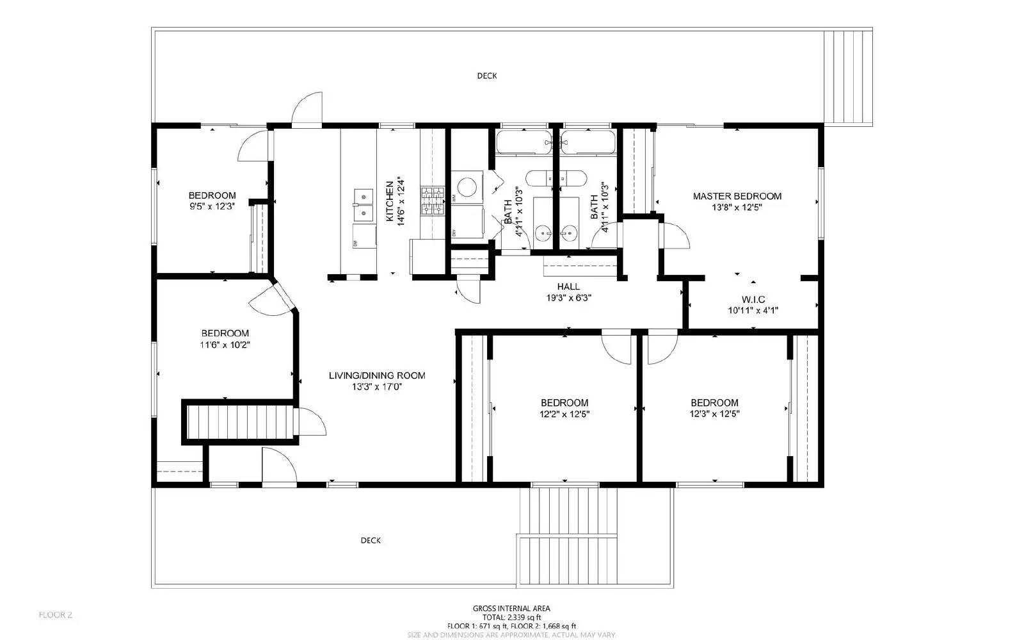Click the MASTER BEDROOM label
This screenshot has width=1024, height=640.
pos(737,196)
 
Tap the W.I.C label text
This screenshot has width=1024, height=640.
pos(753,299)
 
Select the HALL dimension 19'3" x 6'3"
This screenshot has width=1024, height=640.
pos(568,297)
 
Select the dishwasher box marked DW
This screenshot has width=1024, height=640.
pos(364,236)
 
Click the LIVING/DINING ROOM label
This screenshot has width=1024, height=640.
pos(377,375)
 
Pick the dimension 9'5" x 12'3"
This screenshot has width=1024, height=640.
pos(212,206)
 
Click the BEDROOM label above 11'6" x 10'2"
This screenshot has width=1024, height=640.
pos(225,333)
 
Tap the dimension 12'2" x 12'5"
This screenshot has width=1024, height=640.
pos(564,414)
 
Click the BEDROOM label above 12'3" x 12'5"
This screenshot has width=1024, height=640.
pos(714,402)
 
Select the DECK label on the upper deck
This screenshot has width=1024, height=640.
pos(486,76)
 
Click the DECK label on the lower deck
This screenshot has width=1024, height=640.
pos(371,540)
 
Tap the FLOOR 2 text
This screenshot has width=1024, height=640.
pos(56,615)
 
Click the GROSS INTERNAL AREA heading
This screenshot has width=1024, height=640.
pos(511,609)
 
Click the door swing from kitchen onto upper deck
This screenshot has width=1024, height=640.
pos(307,108)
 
